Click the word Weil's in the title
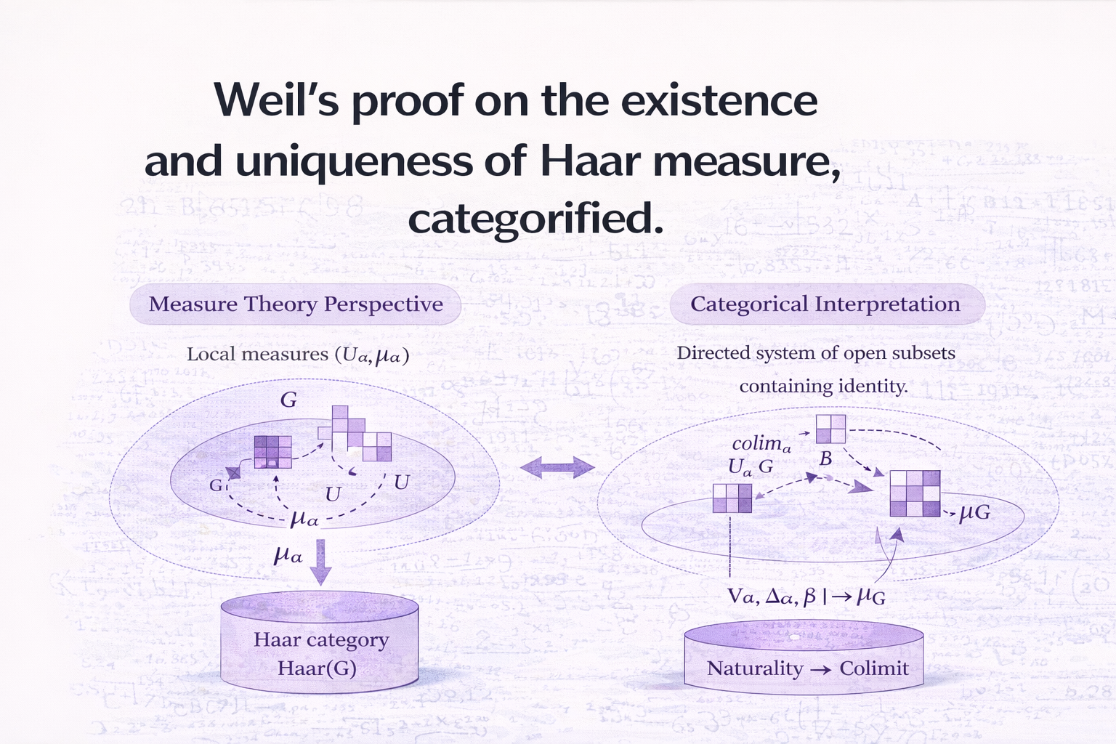click(276, 100)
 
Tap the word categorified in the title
click(535, 219)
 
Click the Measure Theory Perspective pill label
click(296, 304)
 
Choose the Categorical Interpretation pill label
click(825, 304)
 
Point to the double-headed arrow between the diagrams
click(557, 467)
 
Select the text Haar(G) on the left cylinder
click(317, 668)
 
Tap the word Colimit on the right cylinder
click(873, 668)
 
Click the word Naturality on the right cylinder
click(754, 668)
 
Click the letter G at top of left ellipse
click(288, 400)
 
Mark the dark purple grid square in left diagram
click(272, 451)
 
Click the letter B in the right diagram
click(825, 459)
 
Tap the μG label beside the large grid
click(974, 513)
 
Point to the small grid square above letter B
click(830, 429)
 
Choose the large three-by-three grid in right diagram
click(915, 493)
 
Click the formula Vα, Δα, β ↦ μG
click(806, 597)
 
